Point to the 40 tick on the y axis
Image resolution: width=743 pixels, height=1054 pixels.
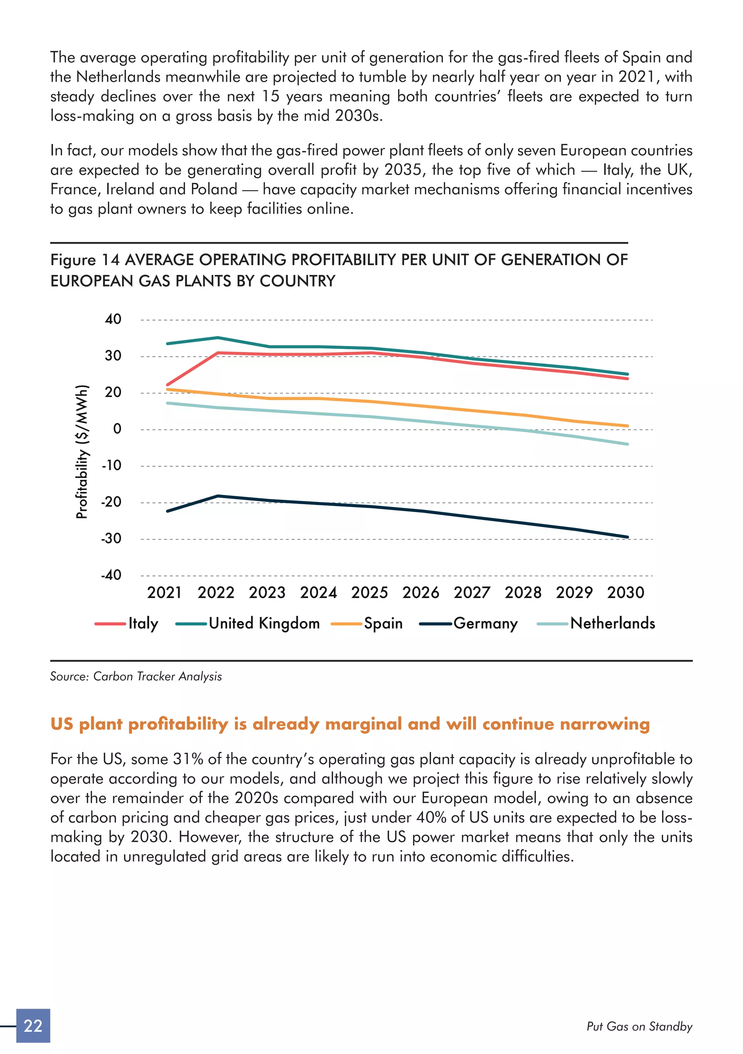pos(113,319)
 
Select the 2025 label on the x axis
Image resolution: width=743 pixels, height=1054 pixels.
pos(370,593)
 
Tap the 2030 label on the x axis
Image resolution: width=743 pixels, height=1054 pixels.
pos(625,593)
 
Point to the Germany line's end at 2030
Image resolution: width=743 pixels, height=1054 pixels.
pos(627,537)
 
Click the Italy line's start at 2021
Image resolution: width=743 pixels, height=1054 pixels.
pos(167,385)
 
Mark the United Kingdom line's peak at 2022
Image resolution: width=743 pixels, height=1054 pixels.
pos(218,338)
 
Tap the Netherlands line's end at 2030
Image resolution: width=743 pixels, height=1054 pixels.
pos(627,444)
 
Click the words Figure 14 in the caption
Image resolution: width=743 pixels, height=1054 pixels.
pos(85,260)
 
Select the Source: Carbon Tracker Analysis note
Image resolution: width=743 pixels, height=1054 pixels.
pos(136,676)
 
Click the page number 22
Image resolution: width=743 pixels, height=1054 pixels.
pos(33,1026)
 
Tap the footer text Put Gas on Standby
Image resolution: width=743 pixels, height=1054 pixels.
pos(639,1026)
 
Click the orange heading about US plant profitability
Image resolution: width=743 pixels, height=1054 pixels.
pos(350,724)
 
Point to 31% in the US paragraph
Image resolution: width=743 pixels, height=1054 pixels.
pos(188,759)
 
